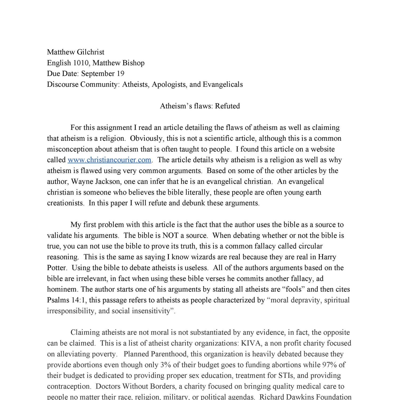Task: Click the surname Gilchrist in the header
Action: pyautogui.click(x=90, y=52)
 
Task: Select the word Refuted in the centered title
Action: pyautogui.click(x=227, y=106)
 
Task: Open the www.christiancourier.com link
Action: pyautogui.click(x=110, y=160)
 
